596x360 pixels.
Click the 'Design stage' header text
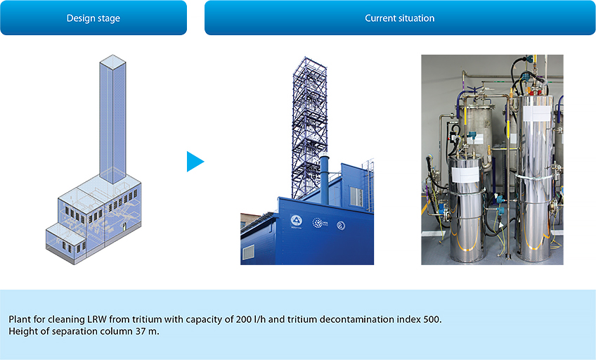click(x=93, y=18)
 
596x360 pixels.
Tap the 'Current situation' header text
click(x=399, y=18)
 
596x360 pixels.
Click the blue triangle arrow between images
click(x=195, y=162)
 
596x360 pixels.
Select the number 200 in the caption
click(x=244, y=319)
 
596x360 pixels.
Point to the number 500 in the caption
click(x=432, y=319)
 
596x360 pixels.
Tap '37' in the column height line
click(x=141, y=331)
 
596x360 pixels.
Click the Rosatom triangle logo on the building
click(x=296, y=221)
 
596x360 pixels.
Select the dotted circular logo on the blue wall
click(x=318, y=223)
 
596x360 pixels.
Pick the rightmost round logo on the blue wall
click(x=341, y=226)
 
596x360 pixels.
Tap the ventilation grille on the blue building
click(x=249, y=252)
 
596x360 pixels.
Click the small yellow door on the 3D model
click(x=124, y=226)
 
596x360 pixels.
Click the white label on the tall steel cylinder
click(x=537, y=114)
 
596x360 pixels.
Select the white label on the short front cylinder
click(x=465, y=174)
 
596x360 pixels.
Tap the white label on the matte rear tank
click(x=477, y=139)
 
